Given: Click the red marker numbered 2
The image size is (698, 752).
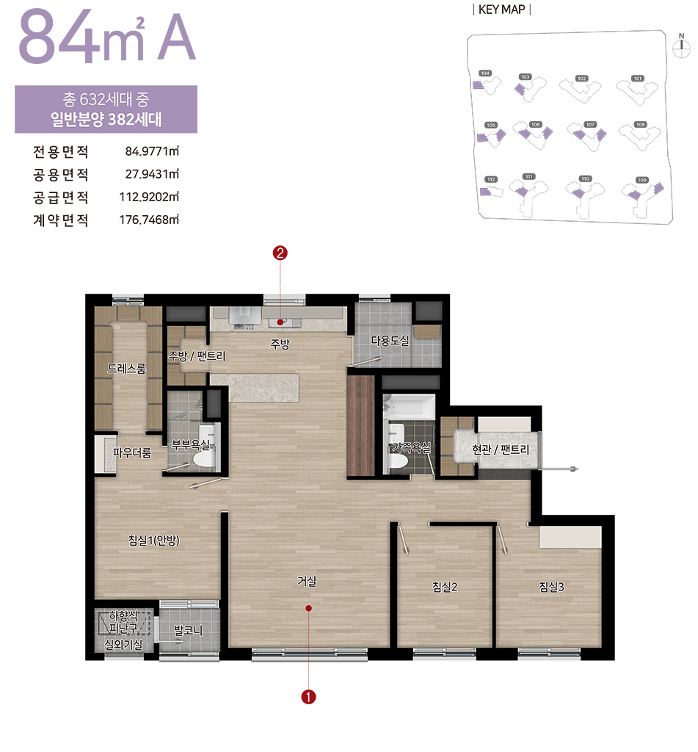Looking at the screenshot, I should pos(280,253).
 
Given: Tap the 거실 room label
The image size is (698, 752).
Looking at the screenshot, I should pos(307,581).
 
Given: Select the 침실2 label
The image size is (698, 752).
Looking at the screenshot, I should pos(445,586).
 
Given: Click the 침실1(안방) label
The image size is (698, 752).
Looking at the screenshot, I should pos(154,540).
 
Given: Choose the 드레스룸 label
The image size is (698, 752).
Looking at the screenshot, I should pos(126,369).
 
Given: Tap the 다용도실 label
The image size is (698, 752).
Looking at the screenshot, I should pos(390,341).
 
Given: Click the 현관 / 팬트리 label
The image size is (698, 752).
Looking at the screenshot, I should pos(501,449).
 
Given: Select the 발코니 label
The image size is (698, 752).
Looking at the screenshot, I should pos(188,630).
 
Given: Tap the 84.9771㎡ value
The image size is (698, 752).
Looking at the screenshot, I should pos(153,153).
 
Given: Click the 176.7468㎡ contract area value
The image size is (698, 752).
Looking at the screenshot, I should pos(150,220).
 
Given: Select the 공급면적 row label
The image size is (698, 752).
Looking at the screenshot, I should pos(60,198).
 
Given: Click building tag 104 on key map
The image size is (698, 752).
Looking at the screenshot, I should pos(484,73).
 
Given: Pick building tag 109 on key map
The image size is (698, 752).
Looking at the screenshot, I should pos(642,180).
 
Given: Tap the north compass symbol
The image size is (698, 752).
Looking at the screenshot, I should pos(680,46).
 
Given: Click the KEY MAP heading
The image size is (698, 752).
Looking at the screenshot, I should pos(503,10).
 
